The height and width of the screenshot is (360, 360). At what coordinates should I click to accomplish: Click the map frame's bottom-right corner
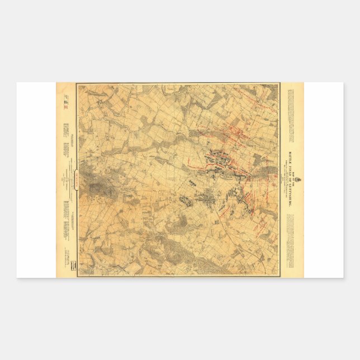[278, 275]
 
